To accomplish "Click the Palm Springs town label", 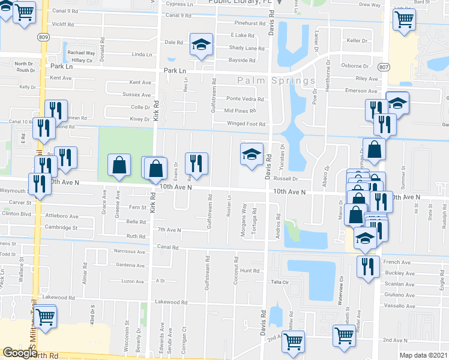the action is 276,80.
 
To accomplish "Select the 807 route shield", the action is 384,67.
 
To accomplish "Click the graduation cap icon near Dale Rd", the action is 202,44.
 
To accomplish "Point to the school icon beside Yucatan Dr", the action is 252,155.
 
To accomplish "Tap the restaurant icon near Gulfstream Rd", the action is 197,164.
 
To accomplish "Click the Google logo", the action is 20,353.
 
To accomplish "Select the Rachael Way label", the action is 81,53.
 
